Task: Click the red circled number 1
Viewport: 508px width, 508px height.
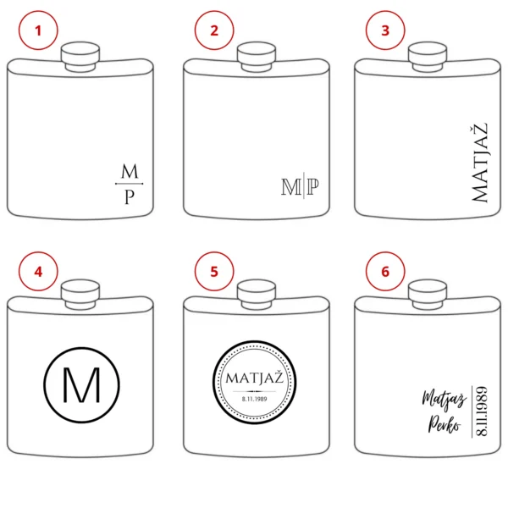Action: click(x=38, y=30)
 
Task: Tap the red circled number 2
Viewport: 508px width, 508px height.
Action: click(x=214, y=30)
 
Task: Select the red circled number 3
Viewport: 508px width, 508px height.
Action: click(x=385, y=30)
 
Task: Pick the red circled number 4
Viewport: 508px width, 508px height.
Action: click(x=38, y=271)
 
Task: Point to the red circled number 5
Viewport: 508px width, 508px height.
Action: click(x=214, y=271)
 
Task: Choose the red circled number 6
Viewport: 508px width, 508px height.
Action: click(x=385, y=271)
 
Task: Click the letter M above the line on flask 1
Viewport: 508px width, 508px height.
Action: click(x=130, y=171)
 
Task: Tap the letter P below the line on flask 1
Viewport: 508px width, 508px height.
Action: click(x=130, y=197)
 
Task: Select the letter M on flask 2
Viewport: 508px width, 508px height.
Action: click(x=291, y=187)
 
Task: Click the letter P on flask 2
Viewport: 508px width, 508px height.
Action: click(x=312, y=186)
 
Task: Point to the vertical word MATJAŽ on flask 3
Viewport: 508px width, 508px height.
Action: click(x=479, y=163)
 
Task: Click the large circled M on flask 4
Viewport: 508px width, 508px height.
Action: click(x=81, y=385)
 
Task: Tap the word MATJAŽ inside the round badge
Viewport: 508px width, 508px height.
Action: click(x=255, y=378)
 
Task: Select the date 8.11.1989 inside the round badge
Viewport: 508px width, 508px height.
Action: click(x=255, y=399)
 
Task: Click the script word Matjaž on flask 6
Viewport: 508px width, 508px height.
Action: click(x=444, y=400)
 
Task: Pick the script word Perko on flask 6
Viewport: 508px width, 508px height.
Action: click(x=444, y=424)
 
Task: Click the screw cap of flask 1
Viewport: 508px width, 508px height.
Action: click(x=80, y=57)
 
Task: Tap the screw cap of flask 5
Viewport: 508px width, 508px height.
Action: click(x=257, y=295)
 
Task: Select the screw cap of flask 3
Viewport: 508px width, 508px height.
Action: click(x=428, y=57)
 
